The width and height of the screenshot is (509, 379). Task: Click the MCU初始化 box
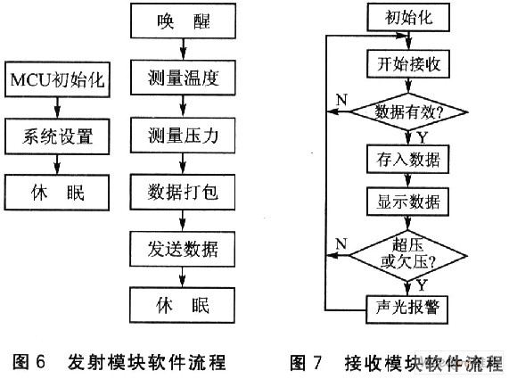click(x=57, y=79)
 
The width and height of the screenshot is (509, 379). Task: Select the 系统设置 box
click(x=57, y=136)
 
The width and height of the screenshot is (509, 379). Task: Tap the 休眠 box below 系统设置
click(x=57, y=193)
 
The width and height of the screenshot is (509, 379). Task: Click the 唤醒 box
click(x=183, y=21)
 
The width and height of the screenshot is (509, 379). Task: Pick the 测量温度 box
click(x=183, y=78)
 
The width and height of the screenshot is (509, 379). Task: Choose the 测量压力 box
click(x=183, y=135)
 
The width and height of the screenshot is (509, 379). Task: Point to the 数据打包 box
click(x=183, y=193)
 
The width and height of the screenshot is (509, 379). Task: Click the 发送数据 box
click(x=183, y=249)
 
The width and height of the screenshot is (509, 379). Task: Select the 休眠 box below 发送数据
click(x=182, y=305)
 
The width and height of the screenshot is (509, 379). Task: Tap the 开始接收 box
click(x=408, y=64)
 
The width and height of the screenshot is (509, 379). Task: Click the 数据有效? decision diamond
click(x=408, y=112)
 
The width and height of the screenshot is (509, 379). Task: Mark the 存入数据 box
click(x=408, y=159)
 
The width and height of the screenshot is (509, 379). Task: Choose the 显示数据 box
click(x=408, y=202)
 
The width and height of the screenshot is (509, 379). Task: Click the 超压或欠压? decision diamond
click(x=407, y=256)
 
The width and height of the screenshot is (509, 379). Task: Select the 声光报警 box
click(x=407, y=309)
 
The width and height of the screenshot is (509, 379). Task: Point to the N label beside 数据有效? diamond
click(x=341, y=100)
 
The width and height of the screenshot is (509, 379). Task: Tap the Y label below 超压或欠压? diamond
click(x=422, y=285)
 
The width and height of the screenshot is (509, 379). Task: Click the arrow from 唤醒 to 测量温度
click(x=184, y=49)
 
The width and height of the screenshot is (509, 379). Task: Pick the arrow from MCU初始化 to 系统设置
click(x=57, y=108)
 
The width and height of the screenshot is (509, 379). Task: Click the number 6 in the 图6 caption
click(x=40, y=361)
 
